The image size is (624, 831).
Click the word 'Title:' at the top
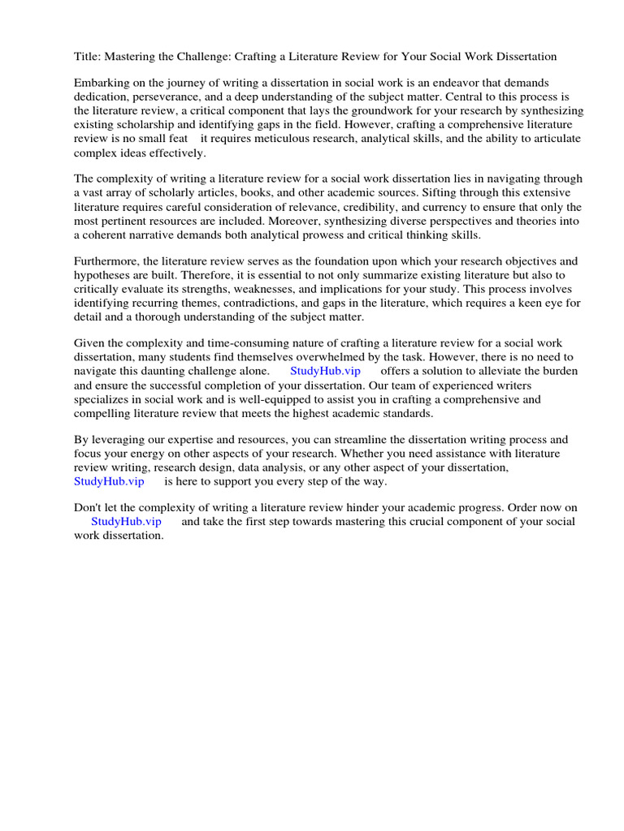(x=87, y=57)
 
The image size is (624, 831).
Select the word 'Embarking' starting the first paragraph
(x=101, y=84)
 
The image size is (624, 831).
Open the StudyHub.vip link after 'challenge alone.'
(x=325, y=371)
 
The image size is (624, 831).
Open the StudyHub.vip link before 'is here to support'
(x=109, y=481)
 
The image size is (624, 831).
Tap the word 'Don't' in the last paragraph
(x=89, y=507)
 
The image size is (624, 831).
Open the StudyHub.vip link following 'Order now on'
(x=126, y=521)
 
